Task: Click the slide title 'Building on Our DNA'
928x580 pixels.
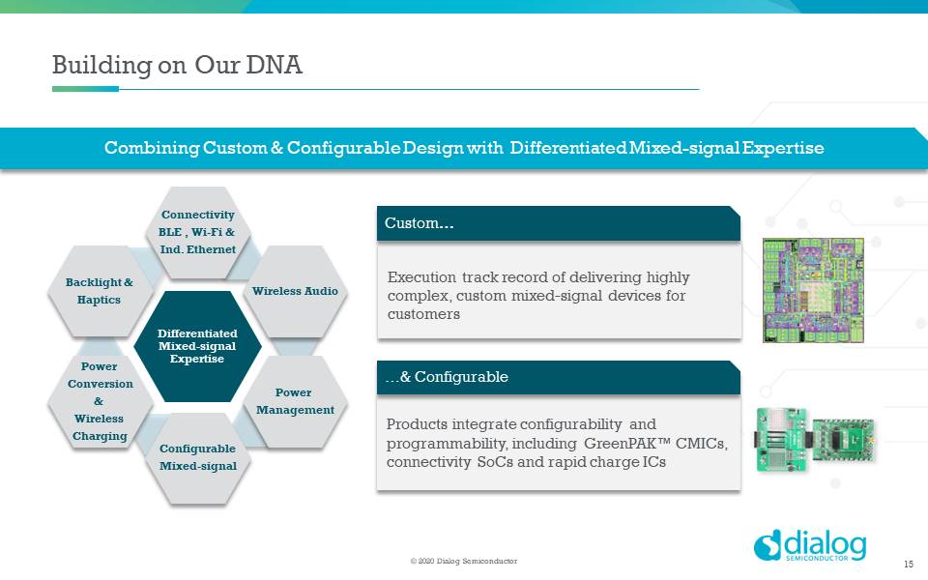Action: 177,65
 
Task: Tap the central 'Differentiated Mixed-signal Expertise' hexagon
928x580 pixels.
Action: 197,346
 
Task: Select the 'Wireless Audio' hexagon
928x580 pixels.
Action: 295,291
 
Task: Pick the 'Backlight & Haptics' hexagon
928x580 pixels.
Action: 99,291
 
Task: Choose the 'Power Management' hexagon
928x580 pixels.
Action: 295,401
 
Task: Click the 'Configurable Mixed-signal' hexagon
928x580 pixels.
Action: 197,457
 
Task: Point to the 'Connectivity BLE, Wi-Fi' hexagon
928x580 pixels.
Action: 197,232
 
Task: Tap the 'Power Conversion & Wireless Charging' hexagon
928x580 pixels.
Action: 99,401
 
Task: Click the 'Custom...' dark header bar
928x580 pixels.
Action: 558,223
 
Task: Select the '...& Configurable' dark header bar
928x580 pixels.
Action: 558,377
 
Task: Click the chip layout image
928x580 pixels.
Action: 813,290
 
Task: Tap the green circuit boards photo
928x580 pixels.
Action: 815,440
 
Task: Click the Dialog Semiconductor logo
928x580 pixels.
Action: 810,545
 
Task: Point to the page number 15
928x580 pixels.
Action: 909,564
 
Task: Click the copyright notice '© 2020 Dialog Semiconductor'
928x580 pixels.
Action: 464,561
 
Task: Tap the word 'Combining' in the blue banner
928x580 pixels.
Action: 152,148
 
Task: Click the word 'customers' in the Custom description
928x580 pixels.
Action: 423,314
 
